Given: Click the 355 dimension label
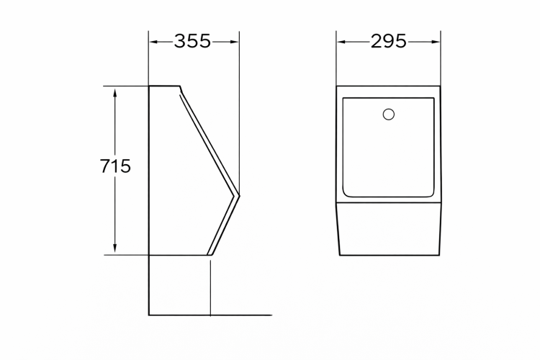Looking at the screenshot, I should click(192, 41).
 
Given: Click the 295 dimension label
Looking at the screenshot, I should click(389, 41).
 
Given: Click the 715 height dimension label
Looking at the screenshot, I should click(116, 167).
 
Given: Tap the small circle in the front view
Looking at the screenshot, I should click(390, 114).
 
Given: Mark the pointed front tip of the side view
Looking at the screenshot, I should click(239, 194).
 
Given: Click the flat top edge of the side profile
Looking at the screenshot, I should click(164, 86).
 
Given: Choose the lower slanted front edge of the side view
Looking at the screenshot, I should click(223, 225).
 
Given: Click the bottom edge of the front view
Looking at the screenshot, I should click(389, 255).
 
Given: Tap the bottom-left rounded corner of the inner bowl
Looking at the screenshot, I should click(346, 194).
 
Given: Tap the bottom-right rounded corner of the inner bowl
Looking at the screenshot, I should click(432, 194).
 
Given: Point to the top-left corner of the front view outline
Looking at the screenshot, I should click(337, 86).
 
